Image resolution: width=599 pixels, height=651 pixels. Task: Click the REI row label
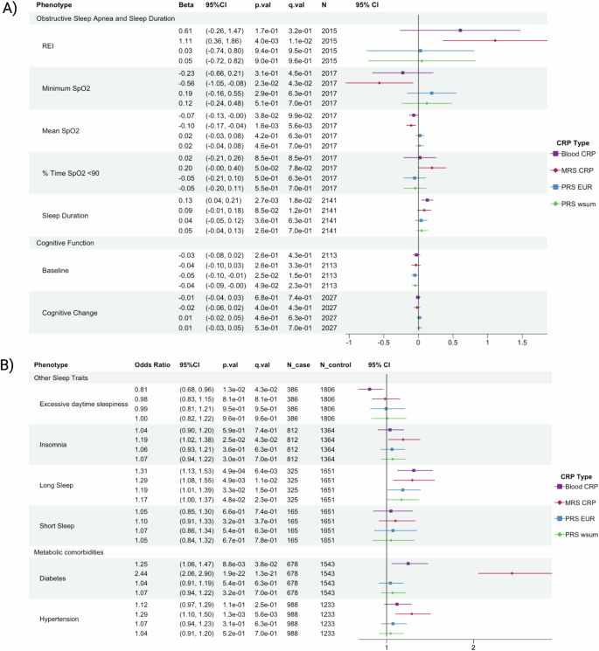coord(50,45)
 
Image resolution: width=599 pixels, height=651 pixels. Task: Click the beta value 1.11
coord(173,40)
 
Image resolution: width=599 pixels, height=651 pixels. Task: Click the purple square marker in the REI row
coord(460,30)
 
